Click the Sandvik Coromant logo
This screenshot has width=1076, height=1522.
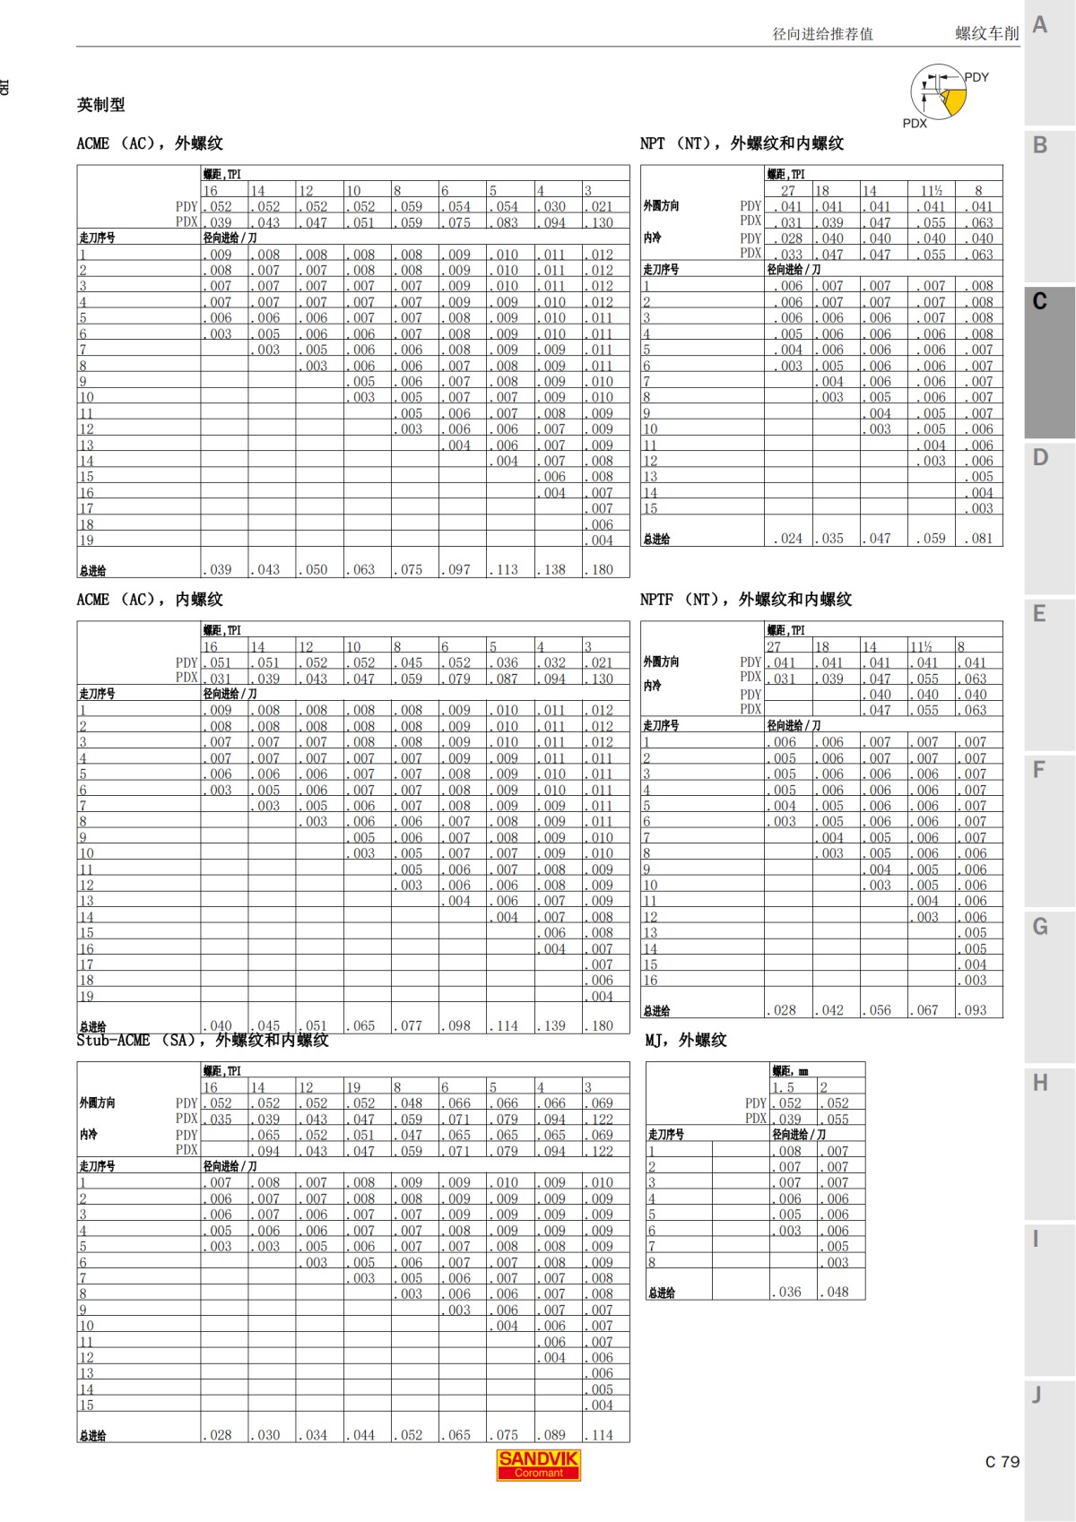[x=538, y=1465]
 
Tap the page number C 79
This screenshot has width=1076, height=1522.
[x=1002, y=1462]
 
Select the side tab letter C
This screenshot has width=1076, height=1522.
[x=1039, y=301]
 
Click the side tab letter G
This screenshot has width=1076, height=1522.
[x=1040, y=926]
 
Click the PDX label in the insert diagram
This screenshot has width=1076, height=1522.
[x=915, y=124]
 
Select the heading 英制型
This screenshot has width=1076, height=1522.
[x=100, y=105]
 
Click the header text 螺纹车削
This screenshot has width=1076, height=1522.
[x=986, y=34]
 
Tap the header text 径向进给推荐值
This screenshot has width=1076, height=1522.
[x=822, y=34]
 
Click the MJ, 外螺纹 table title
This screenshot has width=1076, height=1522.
[x=686, y=1040]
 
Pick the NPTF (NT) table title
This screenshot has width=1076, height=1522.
[x=746, y=599]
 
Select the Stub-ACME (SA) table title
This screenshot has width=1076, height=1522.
[x=203, y=1040]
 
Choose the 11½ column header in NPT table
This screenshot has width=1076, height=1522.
[x=932, y=191]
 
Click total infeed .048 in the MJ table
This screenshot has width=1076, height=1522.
[x=837, y=1292]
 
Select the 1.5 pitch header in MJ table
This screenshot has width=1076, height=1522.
[x=784, y=1087]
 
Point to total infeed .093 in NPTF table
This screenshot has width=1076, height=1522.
[x=975, y=1010]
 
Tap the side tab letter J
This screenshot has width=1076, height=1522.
[x=1037, y=1395]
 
